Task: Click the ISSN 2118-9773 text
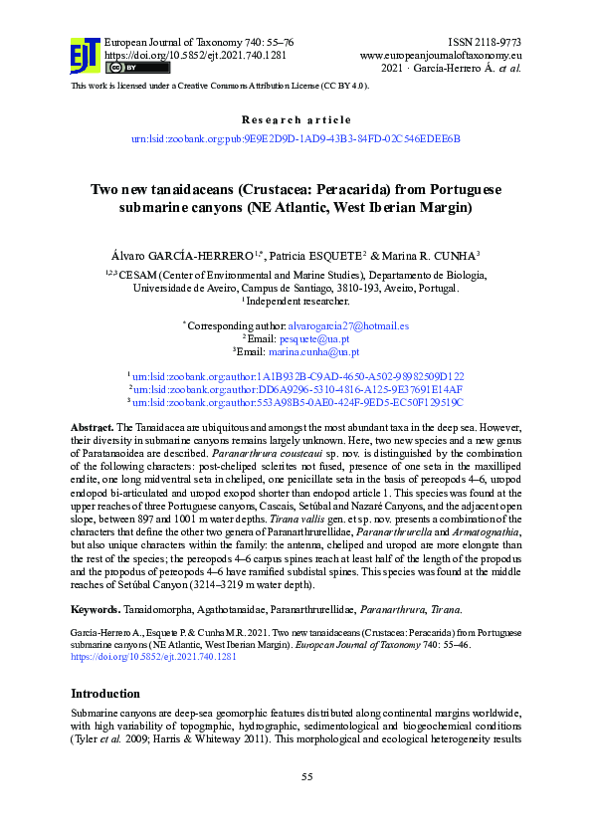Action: pos(485,43)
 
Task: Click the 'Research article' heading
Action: pos(296,119)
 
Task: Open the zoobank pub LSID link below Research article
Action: pos(296,139)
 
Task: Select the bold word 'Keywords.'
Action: pos(98,608)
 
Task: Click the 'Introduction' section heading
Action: pos(105,693)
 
